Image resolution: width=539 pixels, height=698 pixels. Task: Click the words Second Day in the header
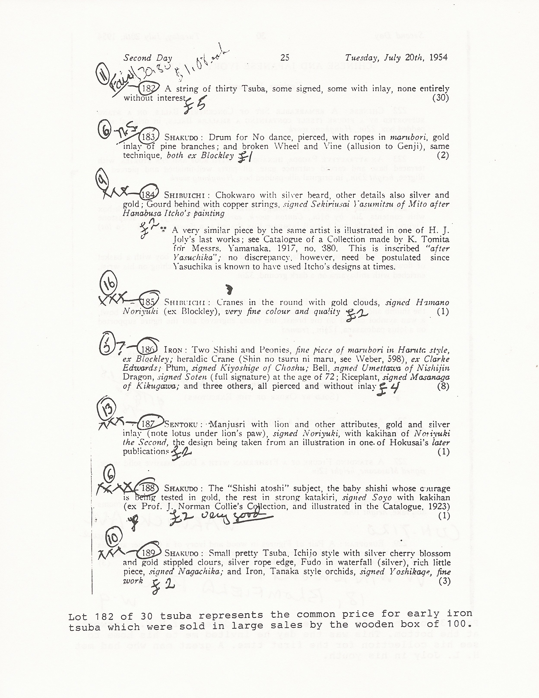148,58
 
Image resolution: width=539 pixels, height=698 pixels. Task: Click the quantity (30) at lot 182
441,98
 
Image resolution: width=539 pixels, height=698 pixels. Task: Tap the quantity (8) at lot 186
443,386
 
